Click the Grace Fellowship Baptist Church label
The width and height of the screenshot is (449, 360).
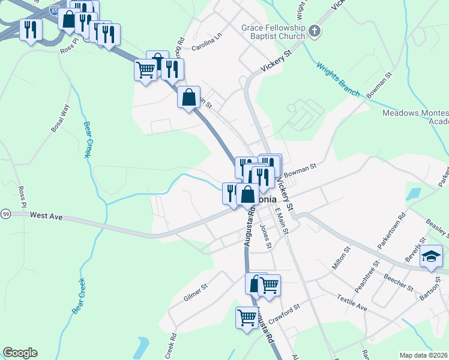(x=273, y=32)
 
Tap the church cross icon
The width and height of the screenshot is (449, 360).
(x=315, y=31)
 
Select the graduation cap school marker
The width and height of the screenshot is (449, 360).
(x=431, y=257)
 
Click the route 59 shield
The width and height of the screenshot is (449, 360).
(x=5, y=214)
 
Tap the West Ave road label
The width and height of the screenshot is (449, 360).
(x=46, y=215)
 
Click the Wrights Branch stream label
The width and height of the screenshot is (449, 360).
(x=337, y=80)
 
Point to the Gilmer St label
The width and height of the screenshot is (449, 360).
(x=196, y=287)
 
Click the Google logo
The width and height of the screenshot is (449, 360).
(x=20, y=353)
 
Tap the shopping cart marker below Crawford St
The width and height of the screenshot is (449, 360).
(x=247, y=317)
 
